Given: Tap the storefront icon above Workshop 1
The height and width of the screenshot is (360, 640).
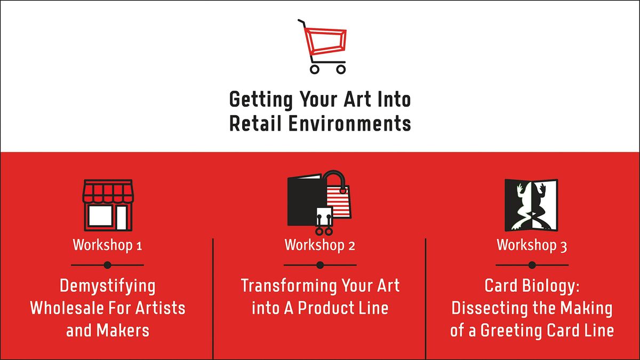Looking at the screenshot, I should coord(107,205).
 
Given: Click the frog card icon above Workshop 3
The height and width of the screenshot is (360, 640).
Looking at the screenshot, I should coord(531,204).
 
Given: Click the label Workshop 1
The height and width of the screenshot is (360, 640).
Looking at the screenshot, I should coord(107,245).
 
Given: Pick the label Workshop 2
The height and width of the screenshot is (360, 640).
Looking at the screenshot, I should coord(319,245).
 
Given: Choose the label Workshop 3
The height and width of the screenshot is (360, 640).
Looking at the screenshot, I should coord(532,245).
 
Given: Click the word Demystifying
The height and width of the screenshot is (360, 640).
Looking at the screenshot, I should coord(107,286).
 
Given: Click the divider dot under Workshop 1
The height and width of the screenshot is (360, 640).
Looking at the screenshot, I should coord(107,265).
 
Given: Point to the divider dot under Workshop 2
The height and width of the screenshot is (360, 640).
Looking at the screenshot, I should coord(319,265).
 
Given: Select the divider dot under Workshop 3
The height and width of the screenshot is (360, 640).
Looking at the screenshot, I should coord(532,265).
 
